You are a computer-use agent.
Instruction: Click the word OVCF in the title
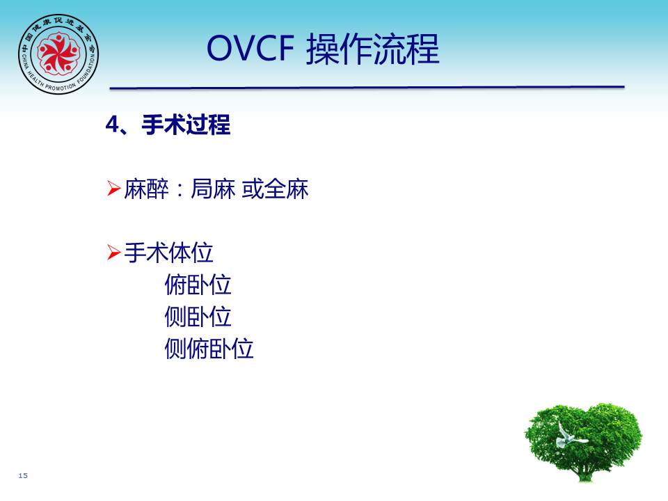coord(250,48)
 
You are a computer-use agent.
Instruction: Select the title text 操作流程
coord(373,49)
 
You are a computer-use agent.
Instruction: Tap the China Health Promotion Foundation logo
coord(58,54)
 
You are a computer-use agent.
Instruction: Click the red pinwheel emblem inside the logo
coord(58,53)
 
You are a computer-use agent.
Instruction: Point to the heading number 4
coord(113,125)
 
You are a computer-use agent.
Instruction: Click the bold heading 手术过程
coord(186,125)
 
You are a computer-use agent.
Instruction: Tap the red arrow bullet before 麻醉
coord(113,189)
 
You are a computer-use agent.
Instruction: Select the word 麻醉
coord(146,189)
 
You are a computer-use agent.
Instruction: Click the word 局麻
coord(213,189)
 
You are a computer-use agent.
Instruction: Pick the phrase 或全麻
coord(276,189)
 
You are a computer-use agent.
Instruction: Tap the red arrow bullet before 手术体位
coord(113,252)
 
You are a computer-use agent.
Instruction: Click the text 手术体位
coord(168,253)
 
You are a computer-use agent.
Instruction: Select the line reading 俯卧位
coord(198,285)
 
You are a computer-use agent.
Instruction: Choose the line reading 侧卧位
coord(198,317)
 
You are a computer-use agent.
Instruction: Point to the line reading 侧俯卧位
coord(209,349)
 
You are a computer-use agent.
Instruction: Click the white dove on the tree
coord(568,436)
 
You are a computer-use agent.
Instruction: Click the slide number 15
coord(23,475)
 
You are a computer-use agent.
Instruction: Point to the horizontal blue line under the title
coord(367,88)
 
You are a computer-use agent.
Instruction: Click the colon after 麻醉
coord(180,190)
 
